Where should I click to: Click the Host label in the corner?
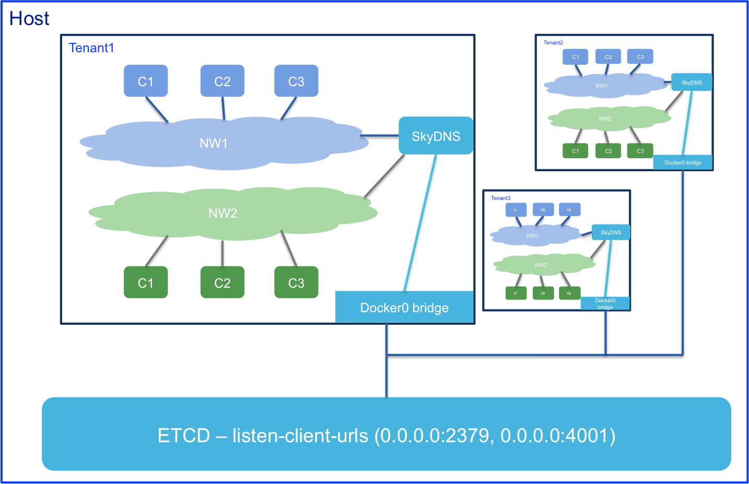29,19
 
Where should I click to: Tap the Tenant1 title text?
91,48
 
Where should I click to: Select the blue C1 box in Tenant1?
146,81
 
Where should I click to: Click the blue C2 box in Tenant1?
223,81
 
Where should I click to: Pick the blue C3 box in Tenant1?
296,81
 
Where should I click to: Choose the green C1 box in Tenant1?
146,282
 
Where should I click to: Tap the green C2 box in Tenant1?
223,282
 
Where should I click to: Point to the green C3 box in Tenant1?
296,282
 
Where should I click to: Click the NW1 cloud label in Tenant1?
214,143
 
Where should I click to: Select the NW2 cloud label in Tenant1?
223,213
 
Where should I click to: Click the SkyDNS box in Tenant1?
436,136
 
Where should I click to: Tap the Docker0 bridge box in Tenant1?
404,308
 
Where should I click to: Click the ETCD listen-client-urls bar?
387,434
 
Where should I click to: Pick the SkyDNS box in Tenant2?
692,82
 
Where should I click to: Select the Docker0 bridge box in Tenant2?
683,162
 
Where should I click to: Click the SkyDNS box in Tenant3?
611,232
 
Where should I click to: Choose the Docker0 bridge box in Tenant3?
605,303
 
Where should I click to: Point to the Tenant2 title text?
553,43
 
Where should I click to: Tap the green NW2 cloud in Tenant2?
606,119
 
